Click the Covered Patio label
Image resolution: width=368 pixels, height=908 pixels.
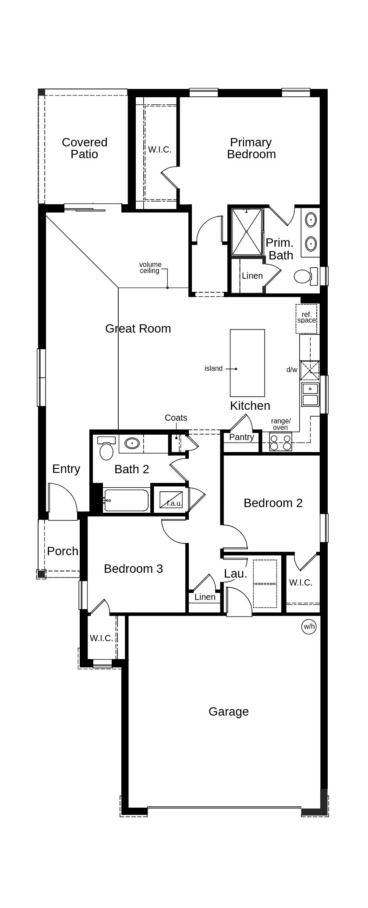pos(85,148)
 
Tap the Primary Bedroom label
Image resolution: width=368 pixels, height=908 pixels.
pos(251,148)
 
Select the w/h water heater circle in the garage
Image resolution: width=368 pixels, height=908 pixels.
pos(309,626)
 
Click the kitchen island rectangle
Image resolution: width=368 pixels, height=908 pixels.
pos(248,363)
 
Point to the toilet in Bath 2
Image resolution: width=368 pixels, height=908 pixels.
pos(106,449)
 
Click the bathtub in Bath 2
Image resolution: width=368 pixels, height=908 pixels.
pos(127,500)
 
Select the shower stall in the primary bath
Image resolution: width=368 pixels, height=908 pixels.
pos(247,231)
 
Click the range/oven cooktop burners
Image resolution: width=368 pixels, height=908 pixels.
pos(280,442)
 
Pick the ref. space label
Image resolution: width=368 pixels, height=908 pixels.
pos(306,317)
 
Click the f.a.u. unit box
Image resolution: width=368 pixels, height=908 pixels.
pos(171,500)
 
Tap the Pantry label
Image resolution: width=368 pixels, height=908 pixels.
pos(241,437)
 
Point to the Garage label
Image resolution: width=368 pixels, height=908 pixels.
pos(228,712)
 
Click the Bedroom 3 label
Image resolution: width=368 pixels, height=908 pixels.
pos(133,568)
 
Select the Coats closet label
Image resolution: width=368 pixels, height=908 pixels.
pos(176,418)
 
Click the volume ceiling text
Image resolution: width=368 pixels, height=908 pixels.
pos(150,267)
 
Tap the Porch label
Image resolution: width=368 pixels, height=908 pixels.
pos(63,551)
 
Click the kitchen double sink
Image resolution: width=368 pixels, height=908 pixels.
pos(310,394)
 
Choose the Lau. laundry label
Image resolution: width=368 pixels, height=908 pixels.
pos(235,573)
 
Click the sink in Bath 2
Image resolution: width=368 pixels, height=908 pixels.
pos(131,443)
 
